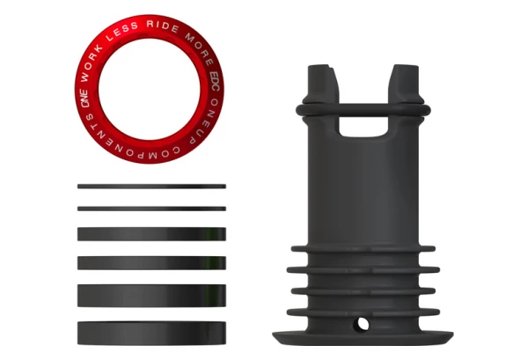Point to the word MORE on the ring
(200, 48)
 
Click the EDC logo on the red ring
(215, 81)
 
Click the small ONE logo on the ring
(84, 99)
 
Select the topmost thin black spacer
(151, 187)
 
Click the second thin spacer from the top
(151, 209)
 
